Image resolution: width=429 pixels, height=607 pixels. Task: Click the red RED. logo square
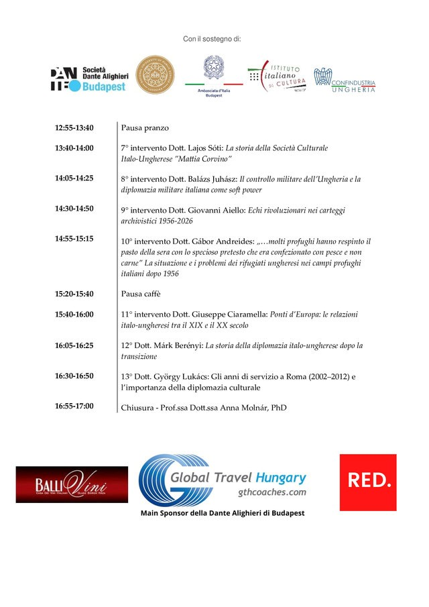(367, 482)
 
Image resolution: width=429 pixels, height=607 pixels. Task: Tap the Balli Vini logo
(72, 484)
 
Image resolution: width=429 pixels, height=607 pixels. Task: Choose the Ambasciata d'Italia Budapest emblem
(214, 77)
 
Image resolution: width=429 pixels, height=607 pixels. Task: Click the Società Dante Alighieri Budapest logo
(88, 79)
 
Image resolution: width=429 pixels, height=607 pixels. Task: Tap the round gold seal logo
(155, 75)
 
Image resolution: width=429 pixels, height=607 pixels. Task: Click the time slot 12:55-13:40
(74, 127)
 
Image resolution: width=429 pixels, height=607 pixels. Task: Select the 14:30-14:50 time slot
(74, 209)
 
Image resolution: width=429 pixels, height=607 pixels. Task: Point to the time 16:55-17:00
(74, 406)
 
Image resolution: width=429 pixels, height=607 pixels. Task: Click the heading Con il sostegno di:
(212, 40)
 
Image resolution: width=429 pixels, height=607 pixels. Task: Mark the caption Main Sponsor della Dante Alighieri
(222, 513)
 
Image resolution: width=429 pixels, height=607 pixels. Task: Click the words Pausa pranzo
(145, 127)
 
